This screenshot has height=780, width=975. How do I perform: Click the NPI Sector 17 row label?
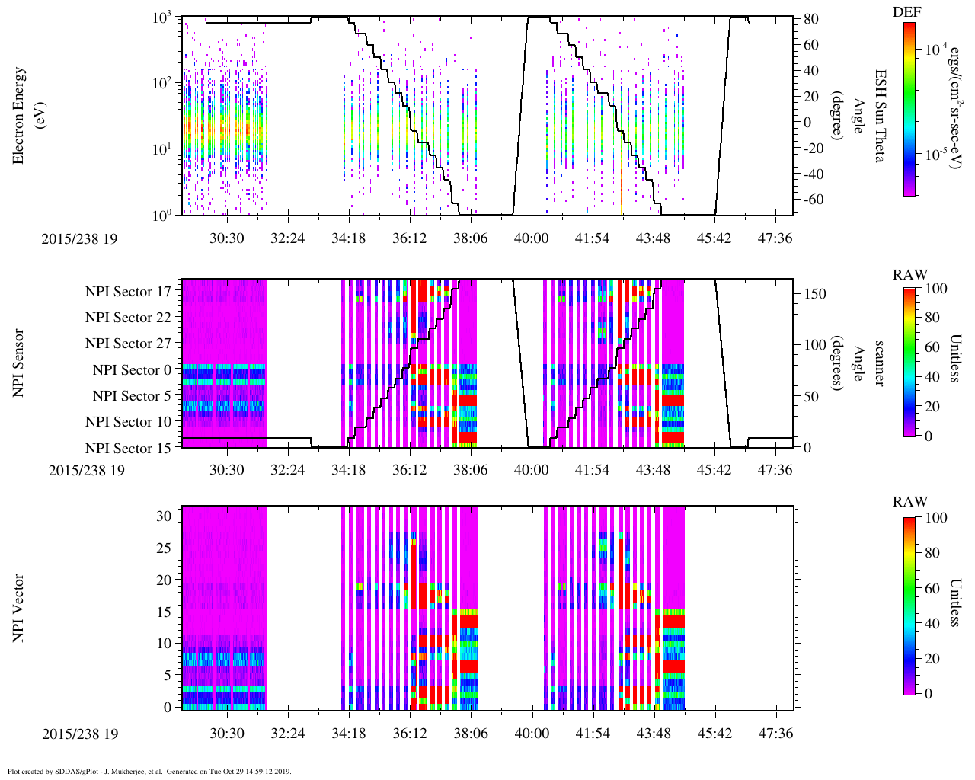click(128, 291)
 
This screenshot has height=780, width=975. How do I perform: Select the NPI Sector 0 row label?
click(132, 369)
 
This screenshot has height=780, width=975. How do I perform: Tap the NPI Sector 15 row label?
click(128, 448)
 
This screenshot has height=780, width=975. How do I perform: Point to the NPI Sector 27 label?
click(128, 344)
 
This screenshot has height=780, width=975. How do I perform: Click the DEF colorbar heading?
click(908, 12)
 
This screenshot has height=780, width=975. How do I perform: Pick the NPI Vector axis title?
click(18, 609)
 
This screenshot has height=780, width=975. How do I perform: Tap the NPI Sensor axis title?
click(18, 363)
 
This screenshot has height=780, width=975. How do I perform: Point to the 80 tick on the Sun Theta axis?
click(810, 19)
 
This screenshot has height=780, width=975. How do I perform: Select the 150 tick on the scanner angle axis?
click(816, 293)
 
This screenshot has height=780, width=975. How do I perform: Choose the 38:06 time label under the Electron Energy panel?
click(470, 238)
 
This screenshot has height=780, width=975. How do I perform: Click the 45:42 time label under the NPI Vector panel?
click(714, 734)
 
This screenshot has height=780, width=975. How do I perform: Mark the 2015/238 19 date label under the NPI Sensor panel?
click(86, 470)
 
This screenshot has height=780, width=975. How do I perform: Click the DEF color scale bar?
click(909, 109)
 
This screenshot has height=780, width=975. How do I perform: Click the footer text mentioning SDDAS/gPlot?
click(149, 771)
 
